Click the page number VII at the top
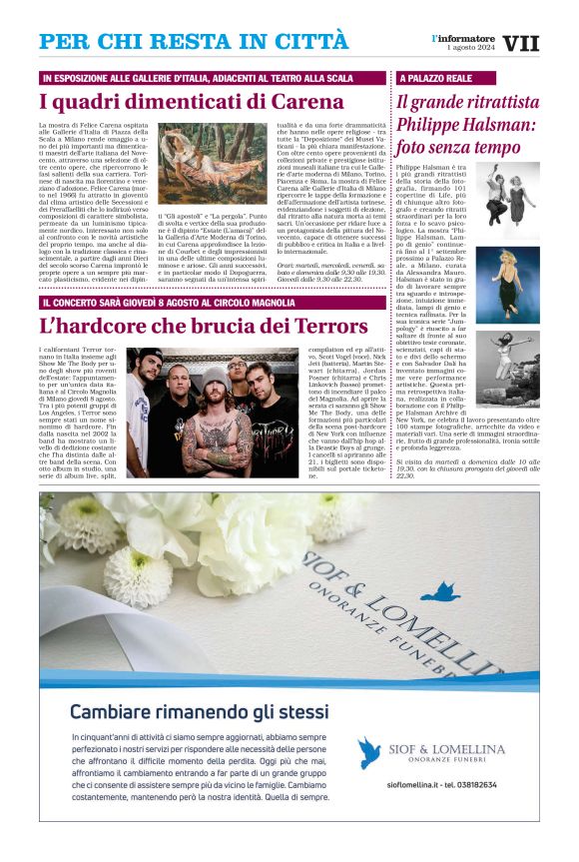tap(521, 44)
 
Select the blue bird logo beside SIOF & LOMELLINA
tap(370, 752)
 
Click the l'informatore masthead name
tap(462, 38)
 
